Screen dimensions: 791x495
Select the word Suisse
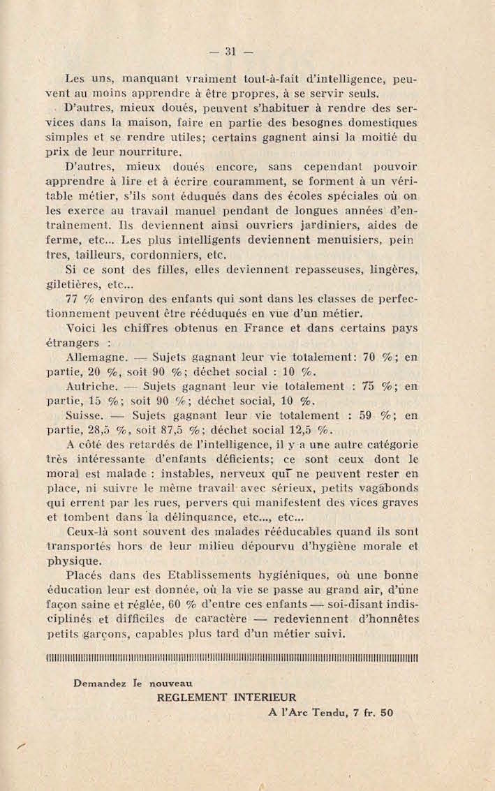coord(83,415)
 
